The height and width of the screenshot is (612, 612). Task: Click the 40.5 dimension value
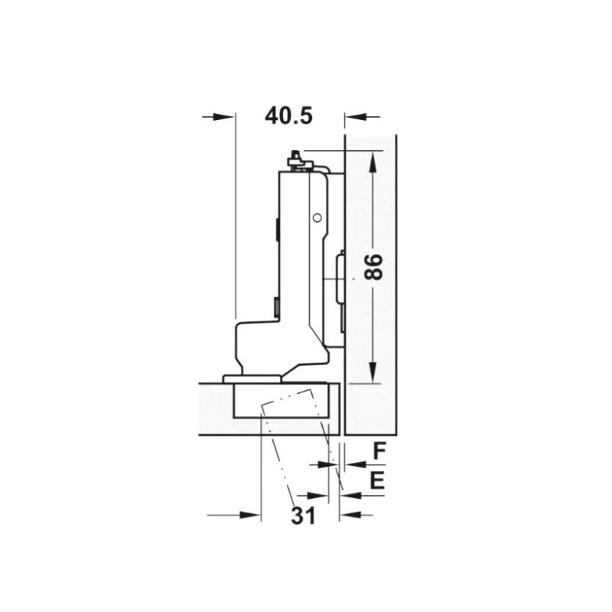(289, 116)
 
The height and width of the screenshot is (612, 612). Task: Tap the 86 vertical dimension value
(373, 267)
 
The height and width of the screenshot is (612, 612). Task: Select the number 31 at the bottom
(303, 516)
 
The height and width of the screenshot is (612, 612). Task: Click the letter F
(379, 451)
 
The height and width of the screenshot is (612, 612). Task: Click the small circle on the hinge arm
(317, 218)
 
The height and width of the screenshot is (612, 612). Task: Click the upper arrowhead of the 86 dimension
(373, 162)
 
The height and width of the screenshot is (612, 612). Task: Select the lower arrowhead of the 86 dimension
(373, 372)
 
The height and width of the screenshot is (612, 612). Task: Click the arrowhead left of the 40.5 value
(223, 117)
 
